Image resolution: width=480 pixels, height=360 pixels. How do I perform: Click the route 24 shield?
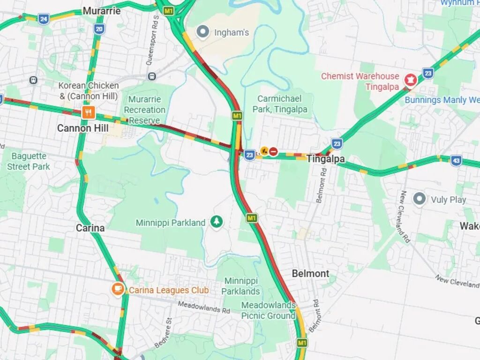44,19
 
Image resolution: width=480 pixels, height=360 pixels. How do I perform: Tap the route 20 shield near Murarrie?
99,29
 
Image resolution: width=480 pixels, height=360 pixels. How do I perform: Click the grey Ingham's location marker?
203,32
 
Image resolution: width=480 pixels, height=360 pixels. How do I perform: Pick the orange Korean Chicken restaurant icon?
88,112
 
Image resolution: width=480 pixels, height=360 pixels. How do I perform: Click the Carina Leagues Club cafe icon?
118,289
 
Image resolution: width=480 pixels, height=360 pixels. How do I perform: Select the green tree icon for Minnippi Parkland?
216,221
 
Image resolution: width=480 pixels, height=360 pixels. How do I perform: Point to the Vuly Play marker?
420,199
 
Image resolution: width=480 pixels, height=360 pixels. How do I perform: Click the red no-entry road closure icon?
273,151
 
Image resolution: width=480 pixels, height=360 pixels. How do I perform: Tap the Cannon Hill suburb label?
82,128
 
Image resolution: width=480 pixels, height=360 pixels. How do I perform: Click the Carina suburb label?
90,228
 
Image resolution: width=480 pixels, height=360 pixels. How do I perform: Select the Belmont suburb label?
310,273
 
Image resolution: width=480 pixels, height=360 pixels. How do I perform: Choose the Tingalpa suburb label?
325,159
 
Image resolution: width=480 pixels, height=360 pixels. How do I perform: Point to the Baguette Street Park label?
29,161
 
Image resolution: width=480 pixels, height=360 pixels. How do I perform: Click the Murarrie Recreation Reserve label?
144,110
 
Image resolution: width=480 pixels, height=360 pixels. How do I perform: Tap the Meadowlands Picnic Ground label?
268,310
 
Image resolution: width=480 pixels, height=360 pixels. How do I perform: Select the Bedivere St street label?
165,333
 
